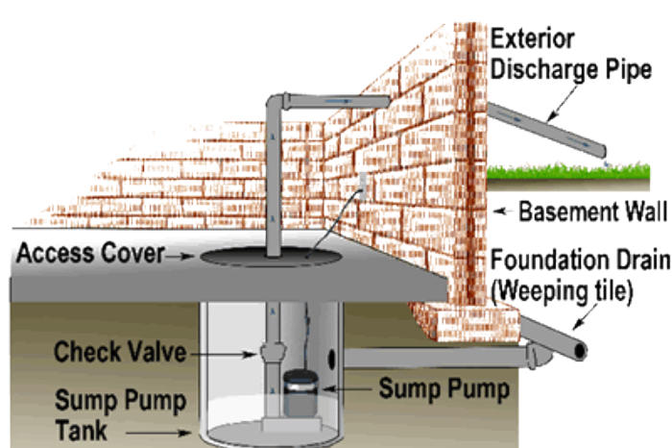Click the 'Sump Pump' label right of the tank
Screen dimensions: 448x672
(443, 389)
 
